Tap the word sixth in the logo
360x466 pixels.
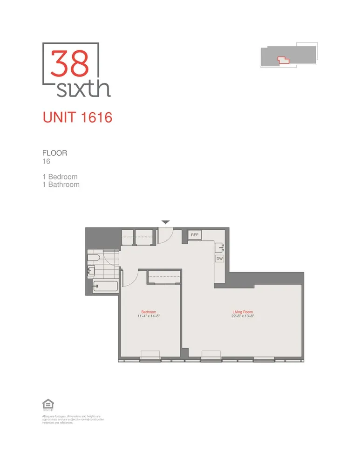coord(83,88)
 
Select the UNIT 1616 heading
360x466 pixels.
coord(77,117)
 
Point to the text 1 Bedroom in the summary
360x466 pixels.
coord(60,177)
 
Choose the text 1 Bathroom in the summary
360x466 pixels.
coord(61,185)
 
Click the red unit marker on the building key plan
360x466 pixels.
coord(283,59)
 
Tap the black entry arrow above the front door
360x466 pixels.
coord(166,222)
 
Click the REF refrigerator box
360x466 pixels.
coord(195,235)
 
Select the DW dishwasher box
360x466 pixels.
coord(219,258)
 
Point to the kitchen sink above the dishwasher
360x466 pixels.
coord(219,247)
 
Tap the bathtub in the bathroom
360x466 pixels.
coord(102,287)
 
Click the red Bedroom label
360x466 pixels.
coord(149,312)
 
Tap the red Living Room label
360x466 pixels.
coord(243,312)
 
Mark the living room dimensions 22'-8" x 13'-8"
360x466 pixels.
coord(243,316)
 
